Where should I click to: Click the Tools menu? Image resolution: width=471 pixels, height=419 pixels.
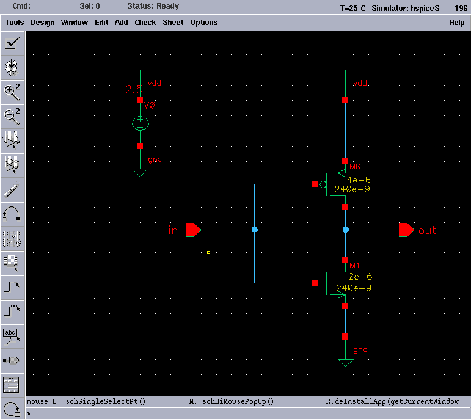15,23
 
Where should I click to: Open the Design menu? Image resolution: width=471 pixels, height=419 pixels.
43,23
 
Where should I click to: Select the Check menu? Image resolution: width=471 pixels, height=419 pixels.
145,23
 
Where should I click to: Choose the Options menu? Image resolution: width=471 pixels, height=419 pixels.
203,23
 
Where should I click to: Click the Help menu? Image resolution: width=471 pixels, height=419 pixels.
456,23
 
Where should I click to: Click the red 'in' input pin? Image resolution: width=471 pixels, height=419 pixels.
193,230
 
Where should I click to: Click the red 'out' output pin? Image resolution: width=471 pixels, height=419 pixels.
406,230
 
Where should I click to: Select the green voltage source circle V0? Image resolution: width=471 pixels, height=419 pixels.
140,123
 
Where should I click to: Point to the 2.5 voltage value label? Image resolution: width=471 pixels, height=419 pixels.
134,90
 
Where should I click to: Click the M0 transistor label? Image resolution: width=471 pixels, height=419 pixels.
355,166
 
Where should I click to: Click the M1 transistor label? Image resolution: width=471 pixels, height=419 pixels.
355,266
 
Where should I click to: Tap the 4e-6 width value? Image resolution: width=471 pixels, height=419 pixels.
358,180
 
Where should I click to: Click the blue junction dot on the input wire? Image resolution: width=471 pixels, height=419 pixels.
254,230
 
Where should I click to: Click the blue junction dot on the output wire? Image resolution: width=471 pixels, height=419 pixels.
345,230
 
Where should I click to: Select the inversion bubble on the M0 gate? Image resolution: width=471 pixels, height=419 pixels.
323,183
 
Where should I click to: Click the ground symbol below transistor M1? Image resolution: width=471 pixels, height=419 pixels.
345,363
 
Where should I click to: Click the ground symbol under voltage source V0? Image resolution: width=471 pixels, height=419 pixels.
140,173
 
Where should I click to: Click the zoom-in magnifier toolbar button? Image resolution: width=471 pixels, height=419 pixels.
12,92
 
